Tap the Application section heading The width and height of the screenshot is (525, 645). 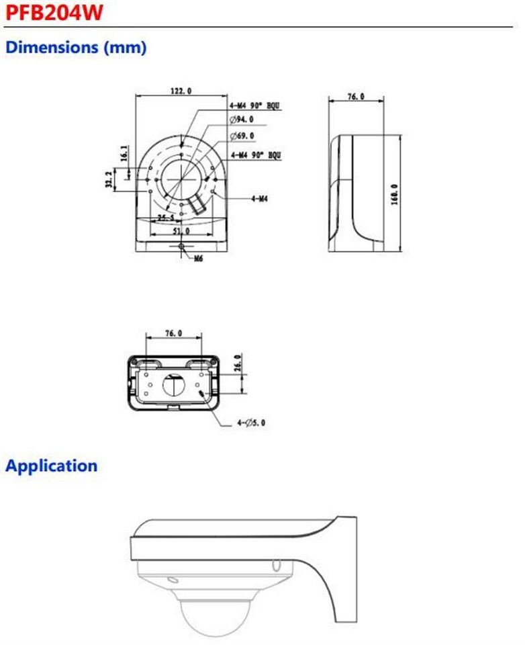[x=51, y=465]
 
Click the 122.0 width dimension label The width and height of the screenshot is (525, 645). [x=181, y=91]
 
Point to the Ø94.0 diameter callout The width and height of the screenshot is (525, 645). [x=242, y=119]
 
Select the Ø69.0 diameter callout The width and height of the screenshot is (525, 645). [x=242, y=136]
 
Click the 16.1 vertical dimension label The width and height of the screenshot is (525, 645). [x=124, y=154]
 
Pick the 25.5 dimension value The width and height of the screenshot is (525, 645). [x=166, y=218]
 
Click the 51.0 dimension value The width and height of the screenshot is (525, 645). [x=182, y=230]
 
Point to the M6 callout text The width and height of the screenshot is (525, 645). [x=198, y=258]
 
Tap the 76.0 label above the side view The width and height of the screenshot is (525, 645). [x=355, y=97]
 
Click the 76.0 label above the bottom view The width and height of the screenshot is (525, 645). [x=173, y=333]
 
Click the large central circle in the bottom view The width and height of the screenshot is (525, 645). [x=172, y=385]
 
